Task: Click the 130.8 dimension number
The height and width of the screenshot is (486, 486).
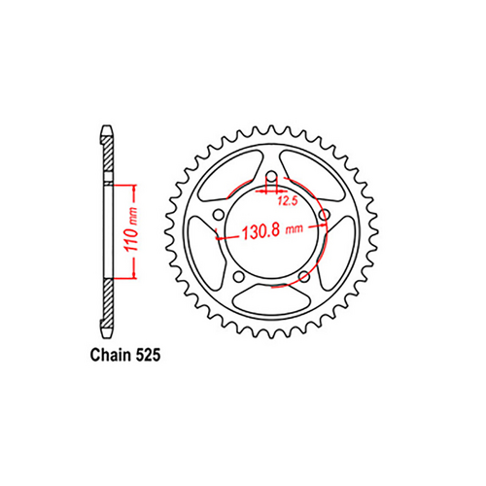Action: (x=254, y=234)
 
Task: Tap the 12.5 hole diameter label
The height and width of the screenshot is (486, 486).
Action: (x=287, y=202)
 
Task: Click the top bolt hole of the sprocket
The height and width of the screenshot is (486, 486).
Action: (x=271, y=178)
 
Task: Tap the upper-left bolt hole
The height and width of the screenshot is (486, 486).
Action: (x=219, y=215)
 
